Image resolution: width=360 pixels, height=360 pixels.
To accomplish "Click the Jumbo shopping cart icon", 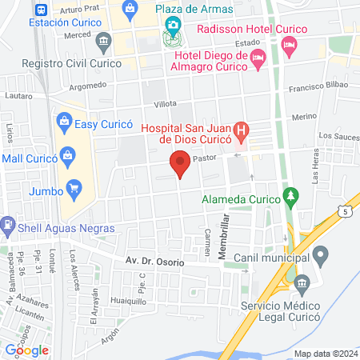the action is click(x=74, y=190).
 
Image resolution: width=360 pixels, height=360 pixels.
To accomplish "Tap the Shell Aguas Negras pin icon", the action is click(x=7, y=227).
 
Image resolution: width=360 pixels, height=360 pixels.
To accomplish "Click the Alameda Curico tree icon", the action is click(x=292, y=196).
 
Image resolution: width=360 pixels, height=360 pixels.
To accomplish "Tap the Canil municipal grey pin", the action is click(x=321, y=257).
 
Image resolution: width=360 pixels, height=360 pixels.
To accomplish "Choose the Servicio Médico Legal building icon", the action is click(x=303, y=283).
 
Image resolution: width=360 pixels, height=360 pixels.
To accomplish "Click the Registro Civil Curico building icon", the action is click(x=102, y=41).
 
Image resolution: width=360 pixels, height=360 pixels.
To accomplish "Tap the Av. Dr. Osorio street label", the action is click(x=154, y=262).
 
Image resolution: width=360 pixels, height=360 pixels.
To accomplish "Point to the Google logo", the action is click(x=27, y=350).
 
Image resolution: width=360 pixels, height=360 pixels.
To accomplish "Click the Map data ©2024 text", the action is click(x=325, y=354).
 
